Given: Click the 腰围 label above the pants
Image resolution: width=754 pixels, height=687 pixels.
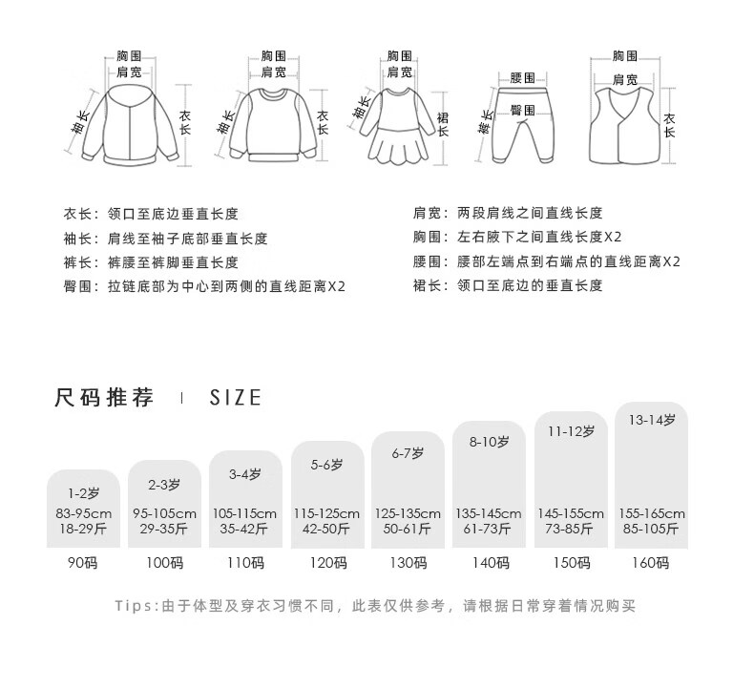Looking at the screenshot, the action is (x=522, y=77).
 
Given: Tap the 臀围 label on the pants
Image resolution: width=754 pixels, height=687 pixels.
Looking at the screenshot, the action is (x=521, y=111).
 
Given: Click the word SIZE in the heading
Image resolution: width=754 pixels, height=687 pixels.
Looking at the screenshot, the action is (x=235, y=398).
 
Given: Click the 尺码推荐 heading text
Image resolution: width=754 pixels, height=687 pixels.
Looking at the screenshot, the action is (x=104, y=398).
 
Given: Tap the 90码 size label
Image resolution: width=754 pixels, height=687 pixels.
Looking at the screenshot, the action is (x=83, y=563).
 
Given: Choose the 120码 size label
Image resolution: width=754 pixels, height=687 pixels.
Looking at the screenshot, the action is (x=328, y=563).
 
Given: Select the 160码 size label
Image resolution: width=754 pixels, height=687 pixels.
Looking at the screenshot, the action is (x=650, y=563).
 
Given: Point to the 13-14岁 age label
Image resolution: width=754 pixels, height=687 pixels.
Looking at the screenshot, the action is (x=650, y=419).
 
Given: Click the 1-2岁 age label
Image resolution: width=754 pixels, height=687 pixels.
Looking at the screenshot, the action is (x=83, y=493).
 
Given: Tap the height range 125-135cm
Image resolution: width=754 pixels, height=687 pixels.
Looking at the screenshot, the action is (x=409, y=513).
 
